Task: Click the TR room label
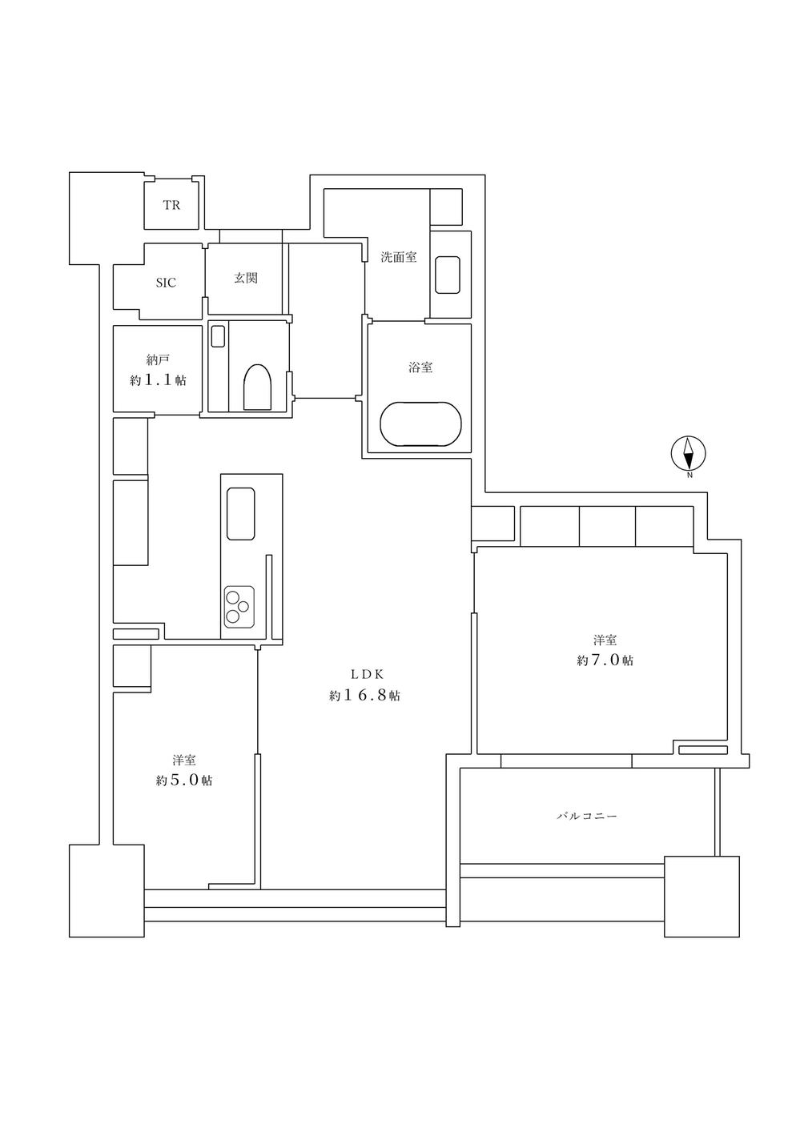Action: coord(171,206)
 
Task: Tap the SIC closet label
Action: coord(166,283)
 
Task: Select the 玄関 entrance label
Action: coord(245,279)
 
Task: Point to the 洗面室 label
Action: coord(398,258)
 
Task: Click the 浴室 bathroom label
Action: coord(420,367)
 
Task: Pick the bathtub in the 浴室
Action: coord(420,423)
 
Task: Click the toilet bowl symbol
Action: coord(257,387)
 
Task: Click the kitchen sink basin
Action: coord(240,513)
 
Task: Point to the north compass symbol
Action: coord(687,454)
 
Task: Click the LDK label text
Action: coord(364,673)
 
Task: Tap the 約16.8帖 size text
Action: coord(364,696)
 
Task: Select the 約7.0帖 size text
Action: coord(605,661)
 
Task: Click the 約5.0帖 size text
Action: coord(184,781)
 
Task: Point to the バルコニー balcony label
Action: coord(588,817)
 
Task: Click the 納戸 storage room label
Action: coord(158,359)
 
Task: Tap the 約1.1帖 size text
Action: coord(158,381)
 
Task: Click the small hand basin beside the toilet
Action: coord(218,336)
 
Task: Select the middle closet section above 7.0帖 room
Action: coord(607,525)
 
